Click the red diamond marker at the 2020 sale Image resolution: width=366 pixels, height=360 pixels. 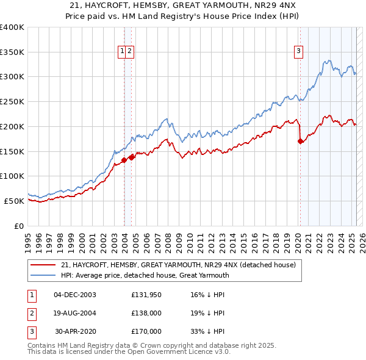[300, 141]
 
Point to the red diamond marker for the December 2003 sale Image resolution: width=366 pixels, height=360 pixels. [124, 160]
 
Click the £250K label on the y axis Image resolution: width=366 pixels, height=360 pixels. [12, 102]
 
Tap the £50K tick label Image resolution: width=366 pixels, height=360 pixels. [14, 201]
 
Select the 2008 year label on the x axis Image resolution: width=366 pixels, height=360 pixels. [168, 243]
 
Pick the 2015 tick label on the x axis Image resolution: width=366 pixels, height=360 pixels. [244, 243]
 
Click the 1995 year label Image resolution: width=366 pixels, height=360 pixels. [28, 243]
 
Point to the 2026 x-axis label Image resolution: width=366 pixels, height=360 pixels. [362, 243]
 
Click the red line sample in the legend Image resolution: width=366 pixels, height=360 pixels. [43, 265]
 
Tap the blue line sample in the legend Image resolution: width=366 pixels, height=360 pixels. [43, 275]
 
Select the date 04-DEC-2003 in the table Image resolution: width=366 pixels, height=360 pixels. [75, 295]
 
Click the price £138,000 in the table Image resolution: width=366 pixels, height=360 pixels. [146, 313]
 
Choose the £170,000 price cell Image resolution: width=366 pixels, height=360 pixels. [146, 331]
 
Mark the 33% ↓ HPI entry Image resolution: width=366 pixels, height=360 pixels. [207, 331]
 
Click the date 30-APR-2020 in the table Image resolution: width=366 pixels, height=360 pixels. [76, 331]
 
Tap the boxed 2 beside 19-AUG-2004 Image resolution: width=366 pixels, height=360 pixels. [32, 314]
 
